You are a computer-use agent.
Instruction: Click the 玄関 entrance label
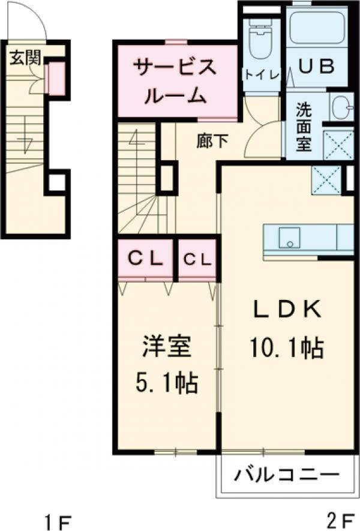coord(25,58)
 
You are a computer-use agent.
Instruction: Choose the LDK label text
coord(287,310)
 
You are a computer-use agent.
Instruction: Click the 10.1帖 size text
coord(287,346)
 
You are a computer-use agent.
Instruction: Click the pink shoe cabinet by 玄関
coord(56,78)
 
